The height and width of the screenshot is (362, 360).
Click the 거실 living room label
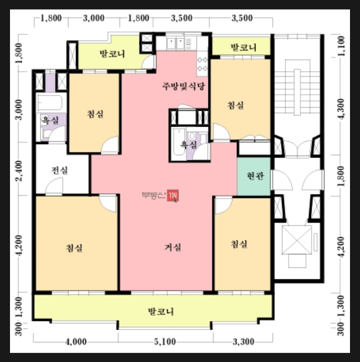coord(172,247)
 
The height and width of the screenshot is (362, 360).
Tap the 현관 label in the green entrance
coord(255,176)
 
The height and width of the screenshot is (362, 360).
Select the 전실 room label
coord(59,170)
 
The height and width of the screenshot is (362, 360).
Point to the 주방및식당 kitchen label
coord(183,86)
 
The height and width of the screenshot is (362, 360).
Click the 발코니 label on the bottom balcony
coord(160,311)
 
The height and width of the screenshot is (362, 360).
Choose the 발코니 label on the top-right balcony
coord(243,48)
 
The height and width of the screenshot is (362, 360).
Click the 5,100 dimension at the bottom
coord(165,341)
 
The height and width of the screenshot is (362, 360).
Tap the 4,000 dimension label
coord(76,341)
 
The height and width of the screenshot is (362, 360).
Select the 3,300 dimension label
coord(243,341)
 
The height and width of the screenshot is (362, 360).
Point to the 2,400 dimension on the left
coord(20,171)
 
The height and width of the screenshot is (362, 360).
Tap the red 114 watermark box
coord(172,196)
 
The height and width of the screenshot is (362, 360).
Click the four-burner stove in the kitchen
coord(202,64)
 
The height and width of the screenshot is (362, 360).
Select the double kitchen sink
coord(175,43)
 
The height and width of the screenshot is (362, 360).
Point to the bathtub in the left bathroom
coord(49,102)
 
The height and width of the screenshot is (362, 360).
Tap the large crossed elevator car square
coord(297,240)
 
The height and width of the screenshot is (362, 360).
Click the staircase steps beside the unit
coord(297,92)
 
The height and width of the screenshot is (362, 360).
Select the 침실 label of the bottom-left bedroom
coord(74,248)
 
